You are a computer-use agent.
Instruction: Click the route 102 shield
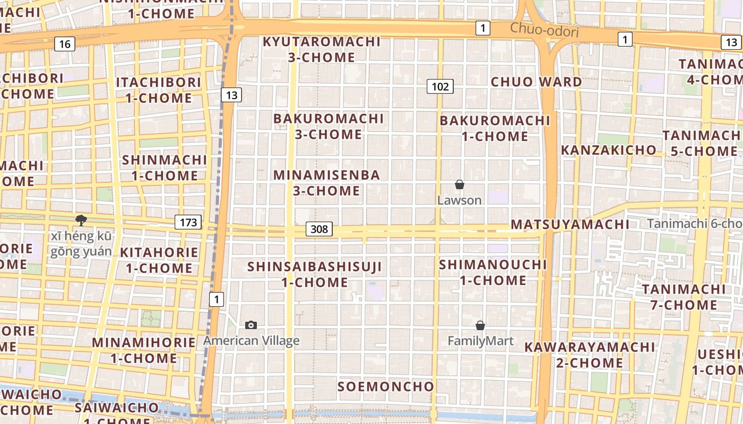coord(440,86)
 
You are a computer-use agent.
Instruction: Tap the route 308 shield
coord(319,229)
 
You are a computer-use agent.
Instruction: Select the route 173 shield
coord(188,223)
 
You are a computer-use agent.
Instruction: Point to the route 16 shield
coord(64,44)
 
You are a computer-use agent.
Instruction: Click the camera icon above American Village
coord(251,325)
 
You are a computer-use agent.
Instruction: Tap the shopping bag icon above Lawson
coord(460,184)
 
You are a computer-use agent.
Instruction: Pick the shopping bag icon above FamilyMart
coord(480,325)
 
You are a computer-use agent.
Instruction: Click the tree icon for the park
coord(81,220)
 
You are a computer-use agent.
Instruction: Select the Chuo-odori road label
coord(544,31)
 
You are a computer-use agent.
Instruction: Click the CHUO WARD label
coord(536,82)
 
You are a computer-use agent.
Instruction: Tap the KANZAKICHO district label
coord(608,150)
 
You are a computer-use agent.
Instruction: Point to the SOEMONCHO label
coord(386,386)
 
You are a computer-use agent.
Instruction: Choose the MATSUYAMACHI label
coord(570,224)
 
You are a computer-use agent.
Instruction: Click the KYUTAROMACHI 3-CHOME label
coord(322,49)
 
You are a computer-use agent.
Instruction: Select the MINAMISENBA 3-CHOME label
coord(326,183)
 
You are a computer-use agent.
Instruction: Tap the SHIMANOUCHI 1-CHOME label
coord(493,272)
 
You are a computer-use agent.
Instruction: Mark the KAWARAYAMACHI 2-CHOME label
coord(590,355)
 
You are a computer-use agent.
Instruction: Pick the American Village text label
coord(252,341)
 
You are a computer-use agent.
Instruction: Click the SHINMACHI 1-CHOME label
coord(165,167)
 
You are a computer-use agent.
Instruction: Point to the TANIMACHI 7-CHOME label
coord(684,297)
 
